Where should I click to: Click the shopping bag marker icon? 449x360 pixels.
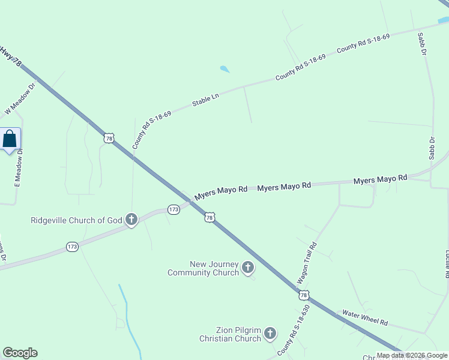[x=10, y=139]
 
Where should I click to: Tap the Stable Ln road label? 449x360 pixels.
[x=205, y=100]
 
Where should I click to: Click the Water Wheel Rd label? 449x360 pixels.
[x=365, y=317]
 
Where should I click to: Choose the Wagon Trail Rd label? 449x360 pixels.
[x=307, y=263]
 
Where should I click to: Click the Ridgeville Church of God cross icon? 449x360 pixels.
[x=131, y=220]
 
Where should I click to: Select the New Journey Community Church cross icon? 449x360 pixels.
[x=247, y=268]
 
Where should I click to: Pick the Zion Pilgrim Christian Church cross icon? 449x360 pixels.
[x=270, y=333]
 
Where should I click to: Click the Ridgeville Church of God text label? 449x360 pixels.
[x=76, y=220]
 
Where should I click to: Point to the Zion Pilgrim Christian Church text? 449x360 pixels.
[x=231, y=334]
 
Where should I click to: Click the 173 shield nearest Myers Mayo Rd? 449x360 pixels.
[x=173, y=209]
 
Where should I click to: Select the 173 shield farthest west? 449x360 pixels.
[x=72, y=247]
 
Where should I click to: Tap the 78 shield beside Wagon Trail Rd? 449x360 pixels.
[x=304, y=295]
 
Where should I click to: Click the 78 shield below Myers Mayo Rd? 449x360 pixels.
[x=209, y=218]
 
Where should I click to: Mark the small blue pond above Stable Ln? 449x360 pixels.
[x=224, y=69]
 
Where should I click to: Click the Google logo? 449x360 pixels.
[x=20, y=353]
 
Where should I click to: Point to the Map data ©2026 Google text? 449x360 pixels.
[x=412, y=355]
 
